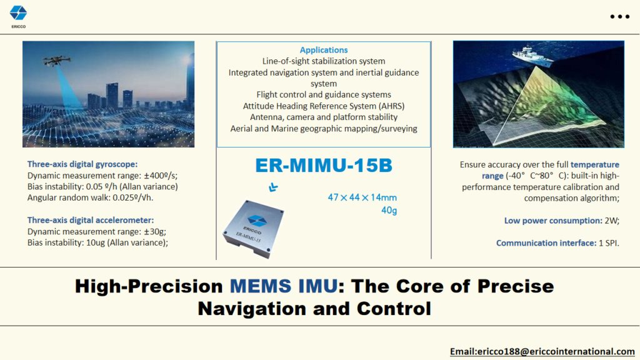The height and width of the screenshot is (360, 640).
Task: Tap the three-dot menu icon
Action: pos(619,17)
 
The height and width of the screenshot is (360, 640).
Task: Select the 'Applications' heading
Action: pos(324,50)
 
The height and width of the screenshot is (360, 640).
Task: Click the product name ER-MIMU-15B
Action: pos(324,165)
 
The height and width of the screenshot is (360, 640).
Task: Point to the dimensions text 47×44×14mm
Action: pos(362,197)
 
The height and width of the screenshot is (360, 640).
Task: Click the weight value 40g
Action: pos(389,210)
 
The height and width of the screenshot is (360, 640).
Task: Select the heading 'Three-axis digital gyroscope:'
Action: pos(82,164)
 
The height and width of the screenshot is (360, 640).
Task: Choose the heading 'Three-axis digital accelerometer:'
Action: pos(91,220)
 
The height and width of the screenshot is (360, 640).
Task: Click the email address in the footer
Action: pos(542,351)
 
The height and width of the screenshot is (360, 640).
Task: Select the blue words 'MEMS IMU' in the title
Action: pos(284,286)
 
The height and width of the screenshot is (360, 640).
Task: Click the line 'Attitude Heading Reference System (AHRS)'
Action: pos(324,106)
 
